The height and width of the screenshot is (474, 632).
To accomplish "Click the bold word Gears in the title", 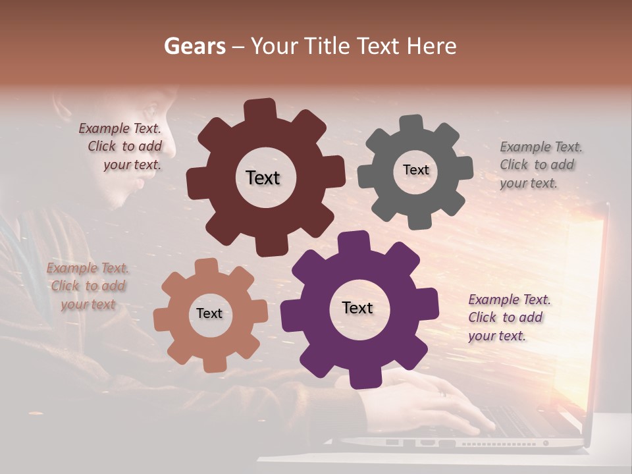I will (194, 46).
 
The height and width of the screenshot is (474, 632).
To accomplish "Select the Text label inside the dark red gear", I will (263, 178).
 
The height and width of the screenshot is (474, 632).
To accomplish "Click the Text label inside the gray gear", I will (415, 170).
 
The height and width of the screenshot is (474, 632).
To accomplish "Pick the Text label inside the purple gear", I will (357, 307).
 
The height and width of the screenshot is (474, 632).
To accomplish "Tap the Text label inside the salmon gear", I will (209, 313).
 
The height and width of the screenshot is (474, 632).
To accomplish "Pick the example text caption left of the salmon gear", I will (88, 286).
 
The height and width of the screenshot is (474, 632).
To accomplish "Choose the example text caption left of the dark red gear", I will (122, 146).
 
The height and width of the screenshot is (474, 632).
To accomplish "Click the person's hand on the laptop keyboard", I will (421, 398).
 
